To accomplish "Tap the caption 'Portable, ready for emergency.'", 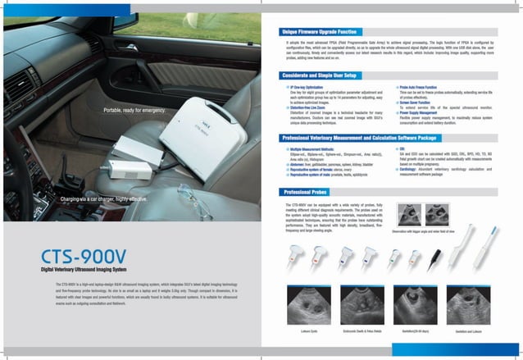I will click(x=136, y=110).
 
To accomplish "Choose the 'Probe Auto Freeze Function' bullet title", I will click(x=421, y=86).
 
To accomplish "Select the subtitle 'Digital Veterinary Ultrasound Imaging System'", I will click(x=91, y=268).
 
